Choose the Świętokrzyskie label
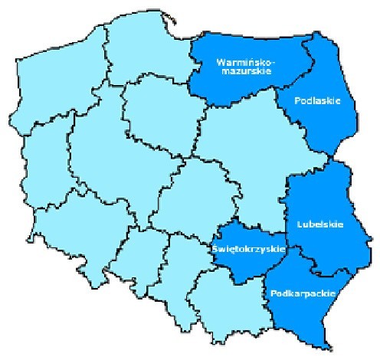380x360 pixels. (x=247, y=249)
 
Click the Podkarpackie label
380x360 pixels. (x=292, y=293)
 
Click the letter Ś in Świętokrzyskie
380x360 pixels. (x=213, y=248)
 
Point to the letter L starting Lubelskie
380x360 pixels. (x=298, y=224)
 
